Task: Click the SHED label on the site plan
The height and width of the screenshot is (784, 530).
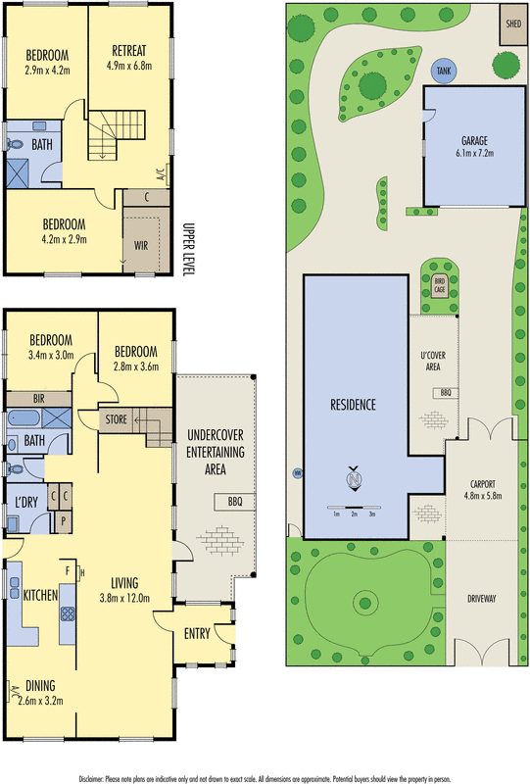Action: (x=510, y=24)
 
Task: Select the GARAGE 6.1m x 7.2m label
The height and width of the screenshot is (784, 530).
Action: (x=473, y=146)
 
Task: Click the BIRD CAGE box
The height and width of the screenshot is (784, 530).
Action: (x=440, y=285)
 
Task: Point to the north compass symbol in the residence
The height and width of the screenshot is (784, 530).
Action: (x=354, y=480)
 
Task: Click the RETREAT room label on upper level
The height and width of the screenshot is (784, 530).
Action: (x=129, y=57)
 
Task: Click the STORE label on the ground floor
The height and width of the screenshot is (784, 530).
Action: (x=116, y=420)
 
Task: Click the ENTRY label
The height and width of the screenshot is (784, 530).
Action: (x=197, y=633)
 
